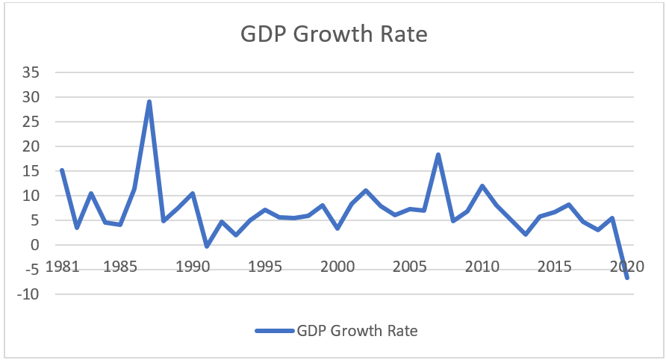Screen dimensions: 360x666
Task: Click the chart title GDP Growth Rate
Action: pyautogui.click(x=333, y=35)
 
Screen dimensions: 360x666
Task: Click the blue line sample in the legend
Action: pyautogui.click(x=275, y=329)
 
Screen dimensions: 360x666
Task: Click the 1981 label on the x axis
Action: pyautogui.click(x=63, y=267)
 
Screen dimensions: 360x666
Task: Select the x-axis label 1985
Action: pyautogui.click(x=119, y=267)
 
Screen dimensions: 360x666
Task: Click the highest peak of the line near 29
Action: pyautogui.click(x=149, y=102)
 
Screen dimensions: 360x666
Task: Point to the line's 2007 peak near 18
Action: pyautogui.click(x=438, y=155)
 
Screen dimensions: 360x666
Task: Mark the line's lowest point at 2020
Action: pyautogui.click(x=627, y=278)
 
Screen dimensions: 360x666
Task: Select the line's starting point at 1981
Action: pyautogui.click(x=62, y=170)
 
